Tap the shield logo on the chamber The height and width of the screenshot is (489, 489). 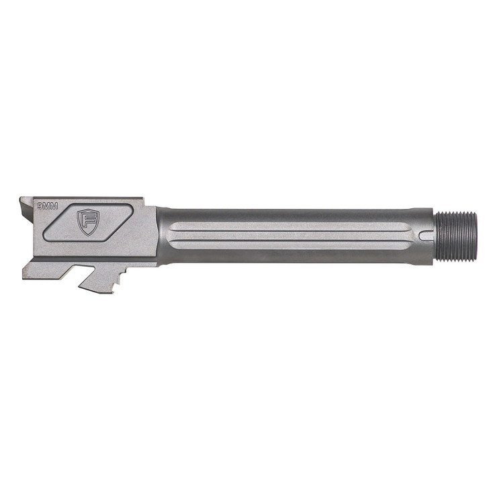88,221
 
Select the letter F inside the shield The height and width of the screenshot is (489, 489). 88,221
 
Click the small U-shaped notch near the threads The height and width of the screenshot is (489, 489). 427,235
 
